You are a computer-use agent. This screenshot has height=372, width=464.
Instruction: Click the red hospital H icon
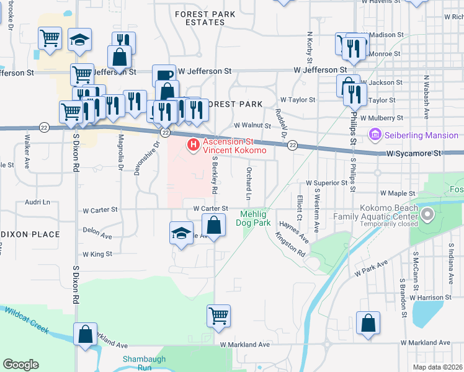[x=193, y=146]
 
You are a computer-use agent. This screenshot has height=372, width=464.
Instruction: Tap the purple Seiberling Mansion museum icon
[x=374, y=135]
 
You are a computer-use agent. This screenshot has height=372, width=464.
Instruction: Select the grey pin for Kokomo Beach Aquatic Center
[x=427, y=215]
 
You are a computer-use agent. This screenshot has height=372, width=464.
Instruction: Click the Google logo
[x=20, y=365]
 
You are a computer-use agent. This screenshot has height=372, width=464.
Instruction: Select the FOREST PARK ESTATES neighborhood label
[x=199, y=17]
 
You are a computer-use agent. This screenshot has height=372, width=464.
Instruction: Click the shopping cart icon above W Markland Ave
[x=218, y=315]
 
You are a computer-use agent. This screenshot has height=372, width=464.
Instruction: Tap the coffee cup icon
[x=164, y=75]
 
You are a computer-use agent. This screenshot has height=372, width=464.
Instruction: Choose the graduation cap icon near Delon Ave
[x=181, y=233]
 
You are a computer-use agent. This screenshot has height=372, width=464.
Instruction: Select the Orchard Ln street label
[x=248, y=184]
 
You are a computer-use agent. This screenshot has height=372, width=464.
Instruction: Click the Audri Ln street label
[x=37, y=202]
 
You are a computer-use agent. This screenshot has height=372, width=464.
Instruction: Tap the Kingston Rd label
[x=290, y=245]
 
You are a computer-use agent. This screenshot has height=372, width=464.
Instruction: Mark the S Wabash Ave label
[x=427, y=98]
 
